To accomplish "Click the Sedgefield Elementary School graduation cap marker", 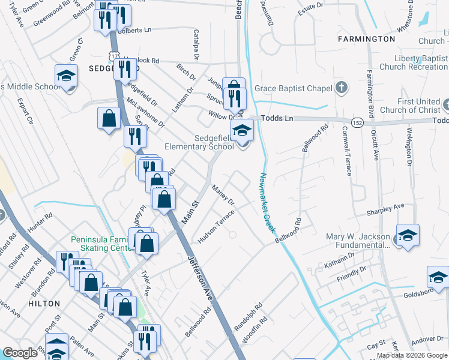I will pos(241,130).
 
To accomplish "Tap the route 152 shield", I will pos(356,122).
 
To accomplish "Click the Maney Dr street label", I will pos(222,196).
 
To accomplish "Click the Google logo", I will pos(20,353).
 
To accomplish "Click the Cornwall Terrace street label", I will pos(347,151).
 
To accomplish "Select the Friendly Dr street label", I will pos(351,272).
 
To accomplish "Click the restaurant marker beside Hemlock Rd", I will pos(125,69).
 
